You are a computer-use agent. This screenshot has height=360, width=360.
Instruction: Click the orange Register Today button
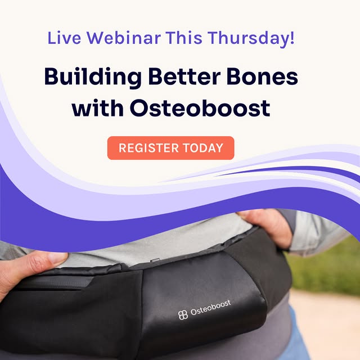click(170, 148)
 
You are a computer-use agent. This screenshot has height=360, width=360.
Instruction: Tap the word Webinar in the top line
click(124, 38)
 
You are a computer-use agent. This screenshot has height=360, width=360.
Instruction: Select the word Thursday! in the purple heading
click(251, 38)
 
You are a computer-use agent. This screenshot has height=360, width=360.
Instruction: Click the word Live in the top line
click(64, 38)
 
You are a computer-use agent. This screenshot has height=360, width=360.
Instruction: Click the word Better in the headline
click(184, 76)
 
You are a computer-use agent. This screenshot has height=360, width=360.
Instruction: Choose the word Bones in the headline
click(262, 76)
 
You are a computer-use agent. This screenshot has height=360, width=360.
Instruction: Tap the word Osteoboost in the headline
click(200, 108)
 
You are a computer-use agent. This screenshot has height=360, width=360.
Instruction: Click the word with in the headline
click(97, 107)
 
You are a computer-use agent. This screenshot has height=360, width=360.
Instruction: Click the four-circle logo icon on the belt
click(183, 315)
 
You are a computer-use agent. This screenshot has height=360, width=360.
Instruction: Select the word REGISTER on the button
click(148, 148)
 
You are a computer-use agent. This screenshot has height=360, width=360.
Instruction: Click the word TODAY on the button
click(203, 148)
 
